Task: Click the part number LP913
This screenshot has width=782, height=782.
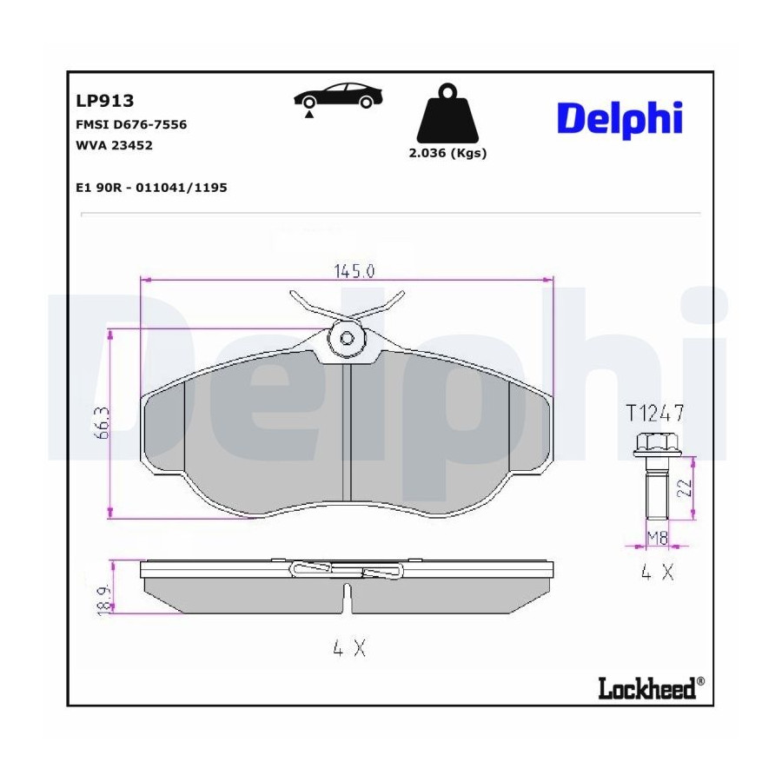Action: [x=105, y=101]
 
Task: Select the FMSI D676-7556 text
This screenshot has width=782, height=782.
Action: [x=131, y=124]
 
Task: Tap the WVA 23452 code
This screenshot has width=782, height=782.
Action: [x=114, y=145]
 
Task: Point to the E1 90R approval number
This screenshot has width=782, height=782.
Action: [x=151, y=188]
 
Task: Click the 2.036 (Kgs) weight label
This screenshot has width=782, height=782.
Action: [x=447, y=153]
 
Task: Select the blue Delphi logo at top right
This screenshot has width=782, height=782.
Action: [x=620, y=120]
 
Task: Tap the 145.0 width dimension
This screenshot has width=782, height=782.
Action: [x=355, y=271]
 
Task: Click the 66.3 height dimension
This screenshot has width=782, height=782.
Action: [x=102, y=423]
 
